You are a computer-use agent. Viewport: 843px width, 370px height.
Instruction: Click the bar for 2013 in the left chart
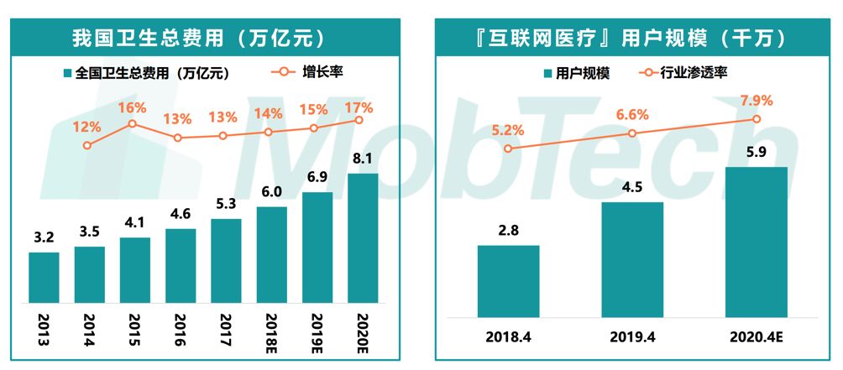coord(44,278)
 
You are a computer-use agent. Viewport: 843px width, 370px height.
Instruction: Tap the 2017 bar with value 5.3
coord(226,261)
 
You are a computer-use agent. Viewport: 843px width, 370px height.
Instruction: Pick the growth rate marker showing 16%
coord(132,124)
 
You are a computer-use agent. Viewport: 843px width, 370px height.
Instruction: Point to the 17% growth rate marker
coord(359,120)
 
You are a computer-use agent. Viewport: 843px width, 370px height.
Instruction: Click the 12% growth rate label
coord(87,128)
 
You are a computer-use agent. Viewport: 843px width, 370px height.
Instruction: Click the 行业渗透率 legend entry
coord(684,73)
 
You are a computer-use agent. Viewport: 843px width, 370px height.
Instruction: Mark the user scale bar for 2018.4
coord(508,281)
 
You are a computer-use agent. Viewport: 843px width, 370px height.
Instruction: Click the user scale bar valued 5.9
coord(757,242)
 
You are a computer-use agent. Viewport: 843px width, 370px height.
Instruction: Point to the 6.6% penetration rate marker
coord(632,133)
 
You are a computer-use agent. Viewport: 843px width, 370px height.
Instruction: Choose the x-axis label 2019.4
coord(632,337)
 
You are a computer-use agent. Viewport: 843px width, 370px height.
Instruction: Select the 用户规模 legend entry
coord(576,73)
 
